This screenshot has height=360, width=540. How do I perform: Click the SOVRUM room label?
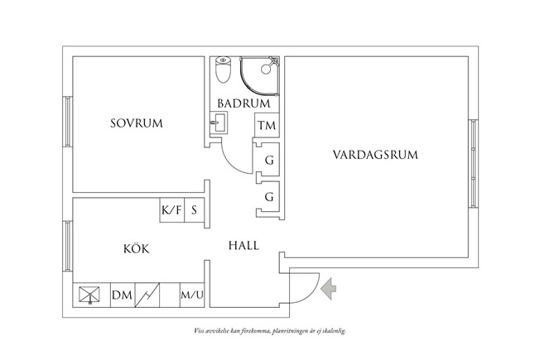137,123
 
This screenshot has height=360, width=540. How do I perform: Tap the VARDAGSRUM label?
375,154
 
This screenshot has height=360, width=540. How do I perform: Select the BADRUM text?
244,103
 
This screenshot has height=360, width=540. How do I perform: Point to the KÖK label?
137,248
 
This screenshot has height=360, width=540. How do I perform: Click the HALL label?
243,246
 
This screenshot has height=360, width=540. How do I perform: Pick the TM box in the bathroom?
266,126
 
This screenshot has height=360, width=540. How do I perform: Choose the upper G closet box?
268,160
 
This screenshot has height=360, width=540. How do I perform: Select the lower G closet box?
268,197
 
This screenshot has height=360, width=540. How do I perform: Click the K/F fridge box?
171,210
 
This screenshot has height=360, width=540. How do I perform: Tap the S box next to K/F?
194,210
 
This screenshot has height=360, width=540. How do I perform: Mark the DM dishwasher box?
121,295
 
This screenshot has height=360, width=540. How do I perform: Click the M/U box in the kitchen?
192,295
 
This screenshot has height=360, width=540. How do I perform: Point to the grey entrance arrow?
328,288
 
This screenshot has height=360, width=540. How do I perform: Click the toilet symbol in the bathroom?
223,70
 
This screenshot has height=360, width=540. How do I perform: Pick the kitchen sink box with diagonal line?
149,295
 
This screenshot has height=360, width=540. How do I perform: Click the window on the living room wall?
473,156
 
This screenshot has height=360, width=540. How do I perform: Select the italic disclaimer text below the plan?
269,329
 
